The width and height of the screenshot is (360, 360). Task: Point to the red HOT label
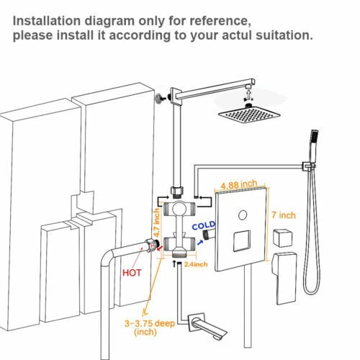point(132,274)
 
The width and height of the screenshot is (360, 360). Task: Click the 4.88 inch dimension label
point(240,184)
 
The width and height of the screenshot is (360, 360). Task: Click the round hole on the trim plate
point(243,213)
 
